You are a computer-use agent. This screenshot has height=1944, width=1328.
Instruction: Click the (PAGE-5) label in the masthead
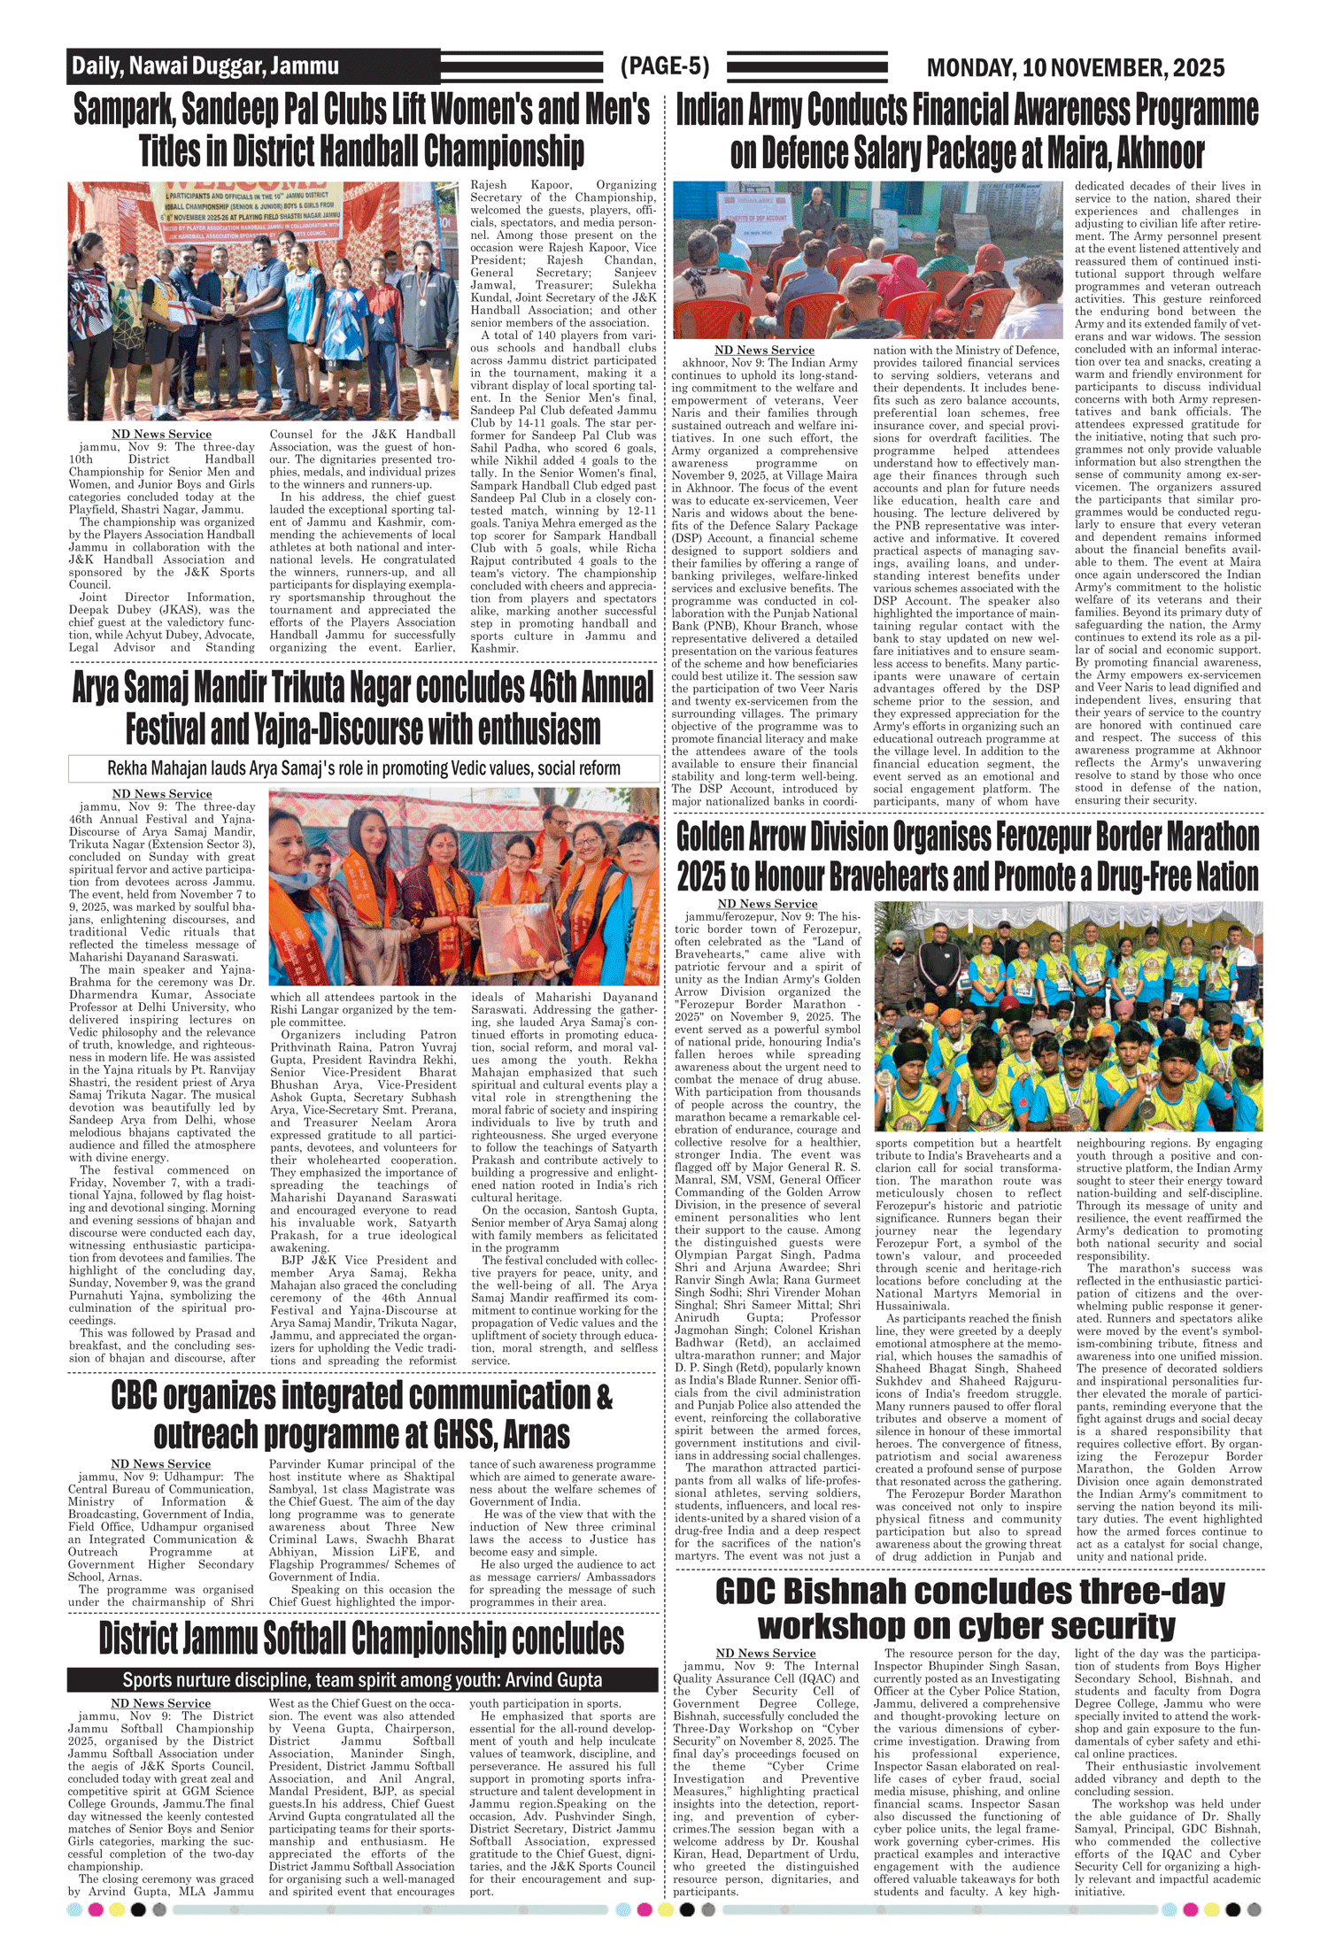pos(665,66)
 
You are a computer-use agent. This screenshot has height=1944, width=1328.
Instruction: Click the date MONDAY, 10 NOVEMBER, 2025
pos(1075,68)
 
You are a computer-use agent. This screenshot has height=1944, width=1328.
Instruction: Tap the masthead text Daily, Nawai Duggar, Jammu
pos(205,66)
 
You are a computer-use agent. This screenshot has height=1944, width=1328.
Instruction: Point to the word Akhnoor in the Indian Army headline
pos(1160,153)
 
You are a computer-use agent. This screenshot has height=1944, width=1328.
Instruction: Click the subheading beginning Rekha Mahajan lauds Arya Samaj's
pos(363,768)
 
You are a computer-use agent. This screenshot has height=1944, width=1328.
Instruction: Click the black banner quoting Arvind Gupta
pos(362,1679)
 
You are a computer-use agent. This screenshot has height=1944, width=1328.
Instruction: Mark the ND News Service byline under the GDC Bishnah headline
pos(765,1653)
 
